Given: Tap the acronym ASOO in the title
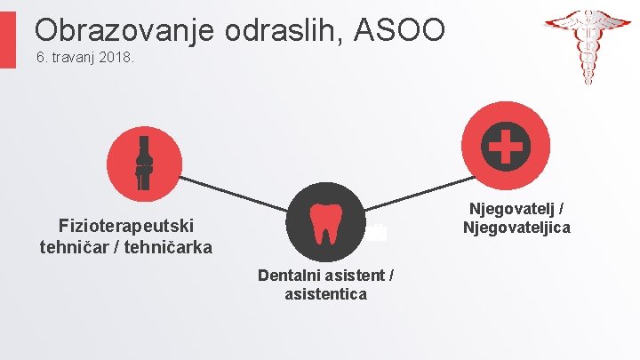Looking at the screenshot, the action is [x=400, y=31].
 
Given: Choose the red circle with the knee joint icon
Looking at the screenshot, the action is [x=144, y=164].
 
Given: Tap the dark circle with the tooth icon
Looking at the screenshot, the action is [x=323, y=223].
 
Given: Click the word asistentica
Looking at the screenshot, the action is [x=325, y=294].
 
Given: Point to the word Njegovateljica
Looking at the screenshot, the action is [x=516, y=228].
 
